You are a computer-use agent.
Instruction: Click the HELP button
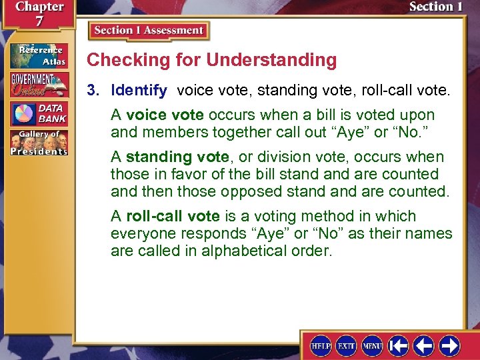click(x=321, y=345)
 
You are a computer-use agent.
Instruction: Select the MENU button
click(x=372, y=345)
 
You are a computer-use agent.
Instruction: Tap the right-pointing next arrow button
click(x=450, y=345)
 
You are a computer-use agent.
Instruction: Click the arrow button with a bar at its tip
click(x=399, y=345)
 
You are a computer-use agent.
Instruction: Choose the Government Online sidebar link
click(x=38, y=84)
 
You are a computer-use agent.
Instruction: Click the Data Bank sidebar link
click(x=38, y=113)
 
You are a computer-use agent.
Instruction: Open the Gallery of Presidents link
click(x=38, y=143)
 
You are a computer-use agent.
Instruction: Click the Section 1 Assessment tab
click(x=149, y=31)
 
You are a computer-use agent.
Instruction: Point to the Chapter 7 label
click(x=38, y=13)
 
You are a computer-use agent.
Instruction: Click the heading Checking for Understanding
click(x=212, y=60)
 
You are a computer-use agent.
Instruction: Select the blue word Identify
click(x=139, y=89)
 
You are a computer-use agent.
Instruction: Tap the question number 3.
click(x=96, y=89)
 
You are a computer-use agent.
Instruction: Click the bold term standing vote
click(x=167, y=157)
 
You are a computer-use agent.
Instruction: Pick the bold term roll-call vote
click(x=173, y=217)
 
